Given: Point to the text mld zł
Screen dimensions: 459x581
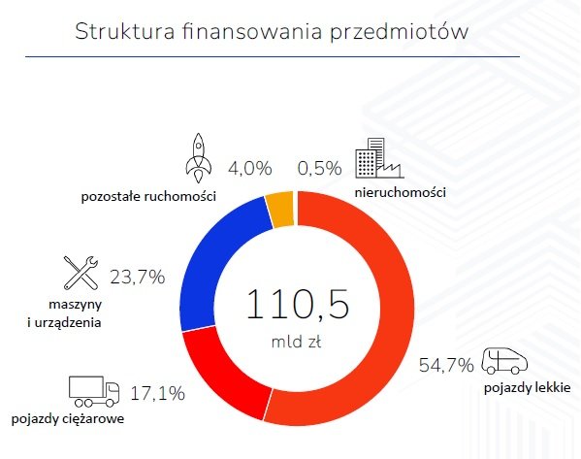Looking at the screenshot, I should (x=296, y=342).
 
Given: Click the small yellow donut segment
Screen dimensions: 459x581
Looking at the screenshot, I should (x=280, y=210).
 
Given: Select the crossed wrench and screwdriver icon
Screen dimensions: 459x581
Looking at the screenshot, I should (x=81, y=274).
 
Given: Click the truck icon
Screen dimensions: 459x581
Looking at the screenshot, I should (x=93, y=390).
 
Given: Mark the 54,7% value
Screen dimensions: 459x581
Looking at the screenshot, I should (x=446, y=365).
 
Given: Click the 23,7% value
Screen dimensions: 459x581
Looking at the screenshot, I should (x=138, y=276).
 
